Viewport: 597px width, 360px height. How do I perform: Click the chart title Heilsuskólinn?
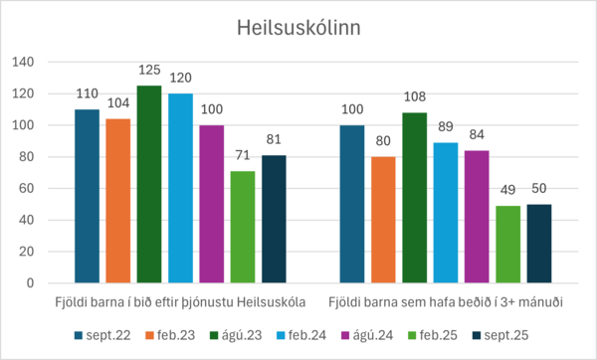pyautogui.click(x=298, y=29)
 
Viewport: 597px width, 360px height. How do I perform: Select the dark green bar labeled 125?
pyautogui.click(x=149, y=184)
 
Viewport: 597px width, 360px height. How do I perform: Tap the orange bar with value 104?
pyautogui.click(x=118, y=201)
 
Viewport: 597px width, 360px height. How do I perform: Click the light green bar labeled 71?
pyautogui.click(x=242, y=227)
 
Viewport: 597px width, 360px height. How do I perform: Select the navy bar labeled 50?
pyautogui.click(x=538, y=244)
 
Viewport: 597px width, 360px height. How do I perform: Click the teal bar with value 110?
pyautogui.click(x=88, y=196)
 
